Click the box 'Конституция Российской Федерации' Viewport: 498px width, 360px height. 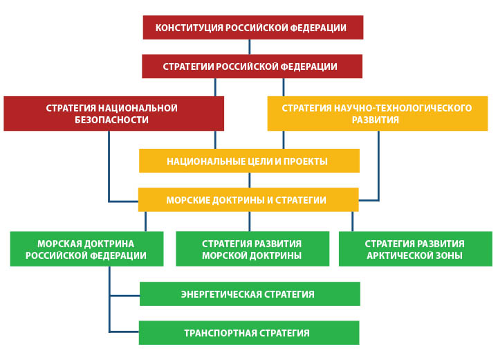tap(253, 28)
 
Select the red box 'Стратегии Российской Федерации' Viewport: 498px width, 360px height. tap(252, 66)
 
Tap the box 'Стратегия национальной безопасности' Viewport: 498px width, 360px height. tap(113, 114)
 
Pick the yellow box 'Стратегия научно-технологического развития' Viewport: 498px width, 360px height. tap(378, 114)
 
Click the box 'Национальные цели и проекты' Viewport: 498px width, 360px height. tap(249, 161)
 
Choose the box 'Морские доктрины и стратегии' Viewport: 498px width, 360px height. tap(248, 199)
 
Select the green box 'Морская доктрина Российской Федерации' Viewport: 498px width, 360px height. tap(86, 249)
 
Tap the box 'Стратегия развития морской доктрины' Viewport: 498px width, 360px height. tap(252, 249)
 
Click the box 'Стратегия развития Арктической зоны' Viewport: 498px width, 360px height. tap(416, 249)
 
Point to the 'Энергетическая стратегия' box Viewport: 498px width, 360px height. tap(250, 294)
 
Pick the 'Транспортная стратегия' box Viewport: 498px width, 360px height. tap(249, 332)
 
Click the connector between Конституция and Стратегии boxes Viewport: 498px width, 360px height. tap(249, 47)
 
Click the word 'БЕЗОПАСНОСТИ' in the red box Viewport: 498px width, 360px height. tap(111, 120)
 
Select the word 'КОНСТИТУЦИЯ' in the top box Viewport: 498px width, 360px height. tap(190, 28)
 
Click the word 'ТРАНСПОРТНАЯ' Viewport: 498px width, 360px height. tap(221, 333)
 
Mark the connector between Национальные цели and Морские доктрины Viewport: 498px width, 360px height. tap(249, 180)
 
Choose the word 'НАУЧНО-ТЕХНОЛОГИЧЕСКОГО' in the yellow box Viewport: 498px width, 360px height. tap(403, 108)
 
